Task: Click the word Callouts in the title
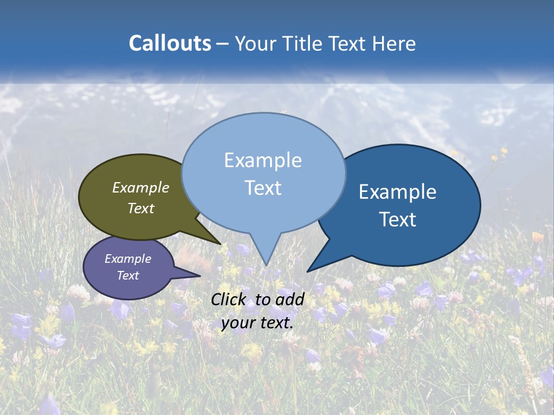pos(170,43)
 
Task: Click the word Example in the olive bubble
pos(140,187)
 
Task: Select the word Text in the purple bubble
pos(128,276)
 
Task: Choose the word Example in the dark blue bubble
pos(397,192)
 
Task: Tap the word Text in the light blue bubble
pos(263,188)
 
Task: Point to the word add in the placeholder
pos(289,299)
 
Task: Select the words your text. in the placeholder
pos(257,323)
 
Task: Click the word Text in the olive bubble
pos(140,208)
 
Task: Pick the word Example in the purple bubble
pos(128,259)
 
